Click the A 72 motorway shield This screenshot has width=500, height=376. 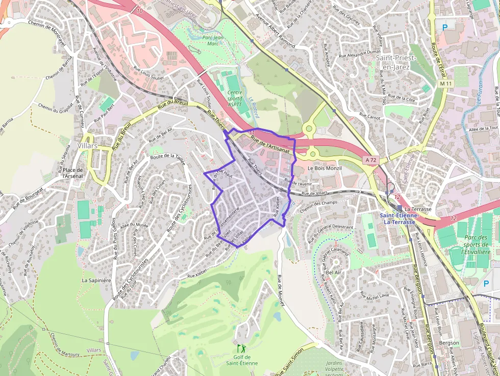(370, 160)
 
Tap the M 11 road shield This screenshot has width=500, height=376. (445, 83)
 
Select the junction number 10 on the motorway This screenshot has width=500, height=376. (140, 10)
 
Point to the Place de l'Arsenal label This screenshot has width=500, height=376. (73, 173)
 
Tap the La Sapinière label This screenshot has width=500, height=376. (96, 280)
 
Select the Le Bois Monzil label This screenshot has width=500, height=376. (324, 168)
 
